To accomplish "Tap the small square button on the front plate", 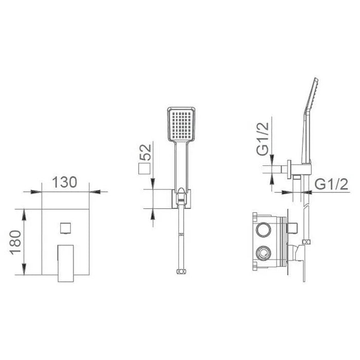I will pyautogui.click(x=65, y=227).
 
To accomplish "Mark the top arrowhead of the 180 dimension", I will pyautogui.click(x=24, y=212).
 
